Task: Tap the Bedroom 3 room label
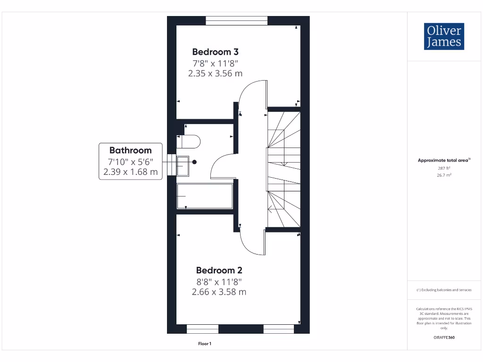click(215, 52)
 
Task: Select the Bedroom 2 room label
click(219, 271)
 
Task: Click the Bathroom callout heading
click(131, 150)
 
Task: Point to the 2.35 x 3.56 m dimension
click(215, 73)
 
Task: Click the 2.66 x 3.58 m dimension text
click(219, 292)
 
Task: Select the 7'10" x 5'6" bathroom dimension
click(131, 162)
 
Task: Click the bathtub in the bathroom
click(205, 196)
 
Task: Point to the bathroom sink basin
click(183, 165)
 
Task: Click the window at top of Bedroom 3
click(237, 21)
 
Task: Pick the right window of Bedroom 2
click(278, 329)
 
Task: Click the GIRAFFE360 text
click(443, 337)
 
